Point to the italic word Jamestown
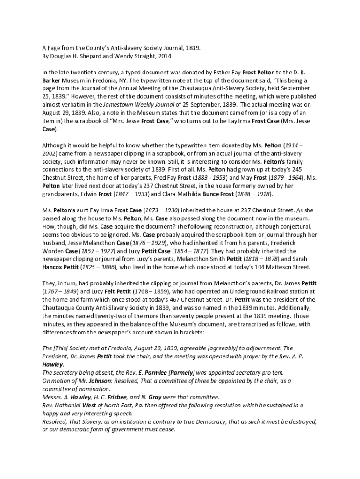118,105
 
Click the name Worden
53,250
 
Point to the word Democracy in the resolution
213,421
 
